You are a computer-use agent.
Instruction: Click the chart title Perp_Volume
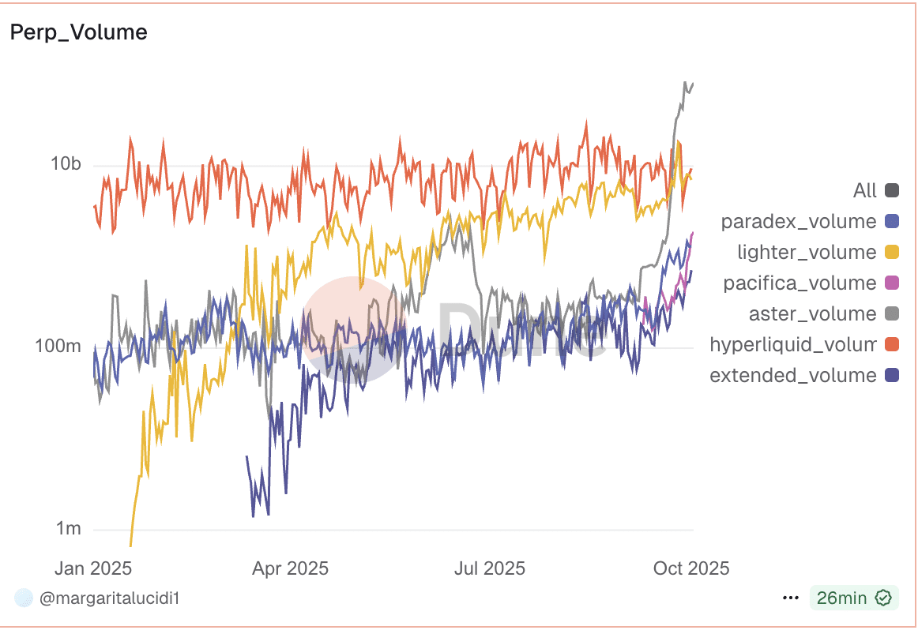coord(78,32)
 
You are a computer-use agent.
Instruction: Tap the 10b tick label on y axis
coord(66,164)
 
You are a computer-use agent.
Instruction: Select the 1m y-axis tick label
coord(67,528)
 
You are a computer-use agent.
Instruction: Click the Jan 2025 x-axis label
coord(92,568)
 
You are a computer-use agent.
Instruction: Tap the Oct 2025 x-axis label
coord(690,568)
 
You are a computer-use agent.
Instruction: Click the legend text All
coord(865,190)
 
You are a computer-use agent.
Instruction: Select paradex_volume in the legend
coord(799,221)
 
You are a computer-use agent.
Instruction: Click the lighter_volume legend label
coord(807,252)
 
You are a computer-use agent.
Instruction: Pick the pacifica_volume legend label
coord(799,283)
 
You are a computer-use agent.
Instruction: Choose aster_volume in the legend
coord(812,313)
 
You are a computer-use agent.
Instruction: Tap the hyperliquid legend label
coord(793,344)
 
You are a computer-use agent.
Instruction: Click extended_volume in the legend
coord(793,375)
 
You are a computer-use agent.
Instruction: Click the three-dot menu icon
coord(790,598)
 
